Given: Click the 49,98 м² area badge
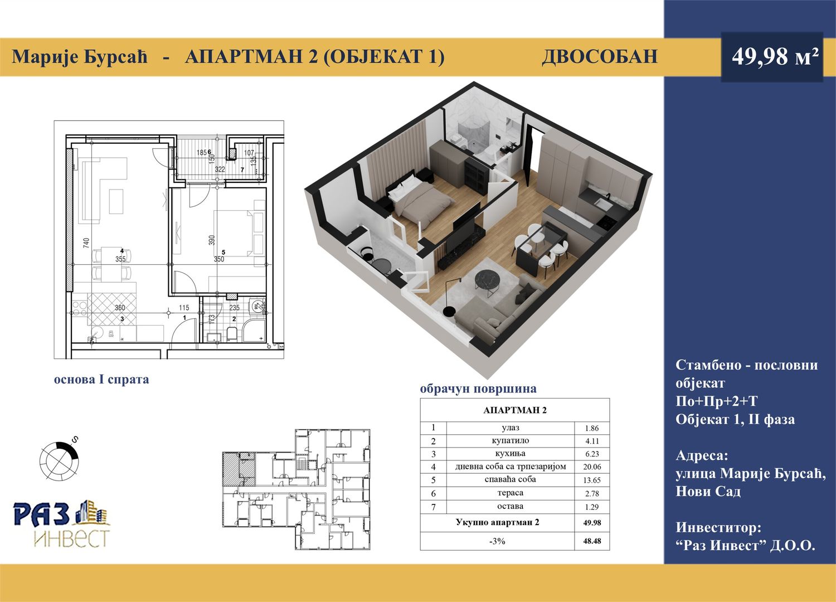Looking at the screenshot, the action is click(772, 57).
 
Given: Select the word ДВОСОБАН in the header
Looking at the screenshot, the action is click(599, 57).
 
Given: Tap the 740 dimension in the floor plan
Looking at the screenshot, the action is click(86, 243).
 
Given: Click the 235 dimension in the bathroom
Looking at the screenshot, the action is click(235, 308).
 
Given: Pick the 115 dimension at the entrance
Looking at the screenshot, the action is click(184, 308).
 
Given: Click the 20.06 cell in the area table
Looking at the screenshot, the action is click(592, 467).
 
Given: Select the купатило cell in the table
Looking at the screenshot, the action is click(510, 440).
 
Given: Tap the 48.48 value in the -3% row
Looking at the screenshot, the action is click(592, 541).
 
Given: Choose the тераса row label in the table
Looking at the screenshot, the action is click(510, 493).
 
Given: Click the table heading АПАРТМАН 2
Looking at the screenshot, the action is click(514, 410).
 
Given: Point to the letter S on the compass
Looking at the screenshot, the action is click(75, 439).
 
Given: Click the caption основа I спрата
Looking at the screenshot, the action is click(101, 380).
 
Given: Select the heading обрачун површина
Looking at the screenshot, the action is click(478, 389).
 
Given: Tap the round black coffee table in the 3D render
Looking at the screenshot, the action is click(488, 280).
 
